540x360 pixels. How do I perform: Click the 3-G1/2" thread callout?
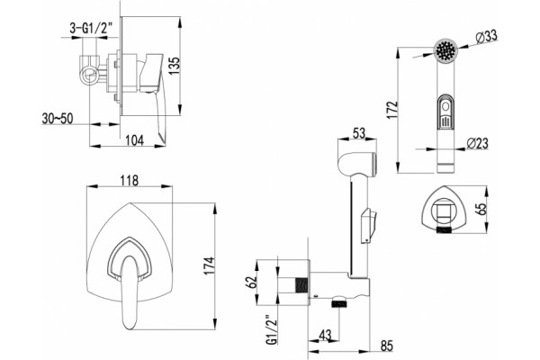point(89,28)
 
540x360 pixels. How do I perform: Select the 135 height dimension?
point(175,66)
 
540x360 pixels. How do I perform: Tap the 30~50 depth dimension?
point(58,118)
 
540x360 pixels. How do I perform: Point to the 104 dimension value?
point(134,139)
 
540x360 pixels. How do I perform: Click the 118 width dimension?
point(129,180)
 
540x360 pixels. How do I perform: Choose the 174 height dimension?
point(209,266)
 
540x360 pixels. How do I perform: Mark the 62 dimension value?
point(251,282)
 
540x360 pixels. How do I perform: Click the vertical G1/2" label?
point(272,329)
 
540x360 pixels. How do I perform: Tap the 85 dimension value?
point(387,346)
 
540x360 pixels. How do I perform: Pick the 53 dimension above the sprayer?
point(358,133)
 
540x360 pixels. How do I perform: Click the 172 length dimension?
point(391,110)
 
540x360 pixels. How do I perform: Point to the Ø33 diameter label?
point(487,37)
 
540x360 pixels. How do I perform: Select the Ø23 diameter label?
point(478,143)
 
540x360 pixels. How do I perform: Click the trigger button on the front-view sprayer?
point(445,112)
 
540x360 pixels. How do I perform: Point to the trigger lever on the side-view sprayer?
point(368,226)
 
